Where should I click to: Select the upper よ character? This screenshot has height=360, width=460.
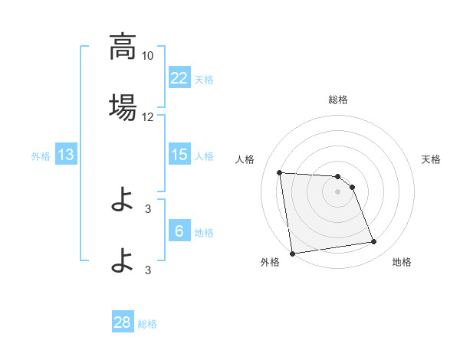coord(123,200)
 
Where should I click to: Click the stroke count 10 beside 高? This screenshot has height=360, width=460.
coord(148,56)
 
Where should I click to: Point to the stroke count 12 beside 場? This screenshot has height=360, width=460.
coord(148,117)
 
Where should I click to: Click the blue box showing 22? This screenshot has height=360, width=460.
coord(179,77)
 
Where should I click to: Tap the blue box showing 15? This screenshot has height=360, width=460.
coord(179,155)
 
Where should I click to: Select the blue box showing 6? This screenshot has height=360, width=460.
coord(179,231)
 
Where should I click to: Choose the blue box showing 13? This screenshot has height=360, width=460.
coord(66,155)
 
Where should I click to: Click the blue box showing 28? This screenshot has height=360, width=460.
coord(123,322)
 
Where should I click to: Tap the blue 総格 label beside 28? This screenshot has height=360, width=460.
coord(147,324)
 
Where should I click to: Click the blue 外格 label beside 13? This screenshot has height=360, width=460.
coord(41,156)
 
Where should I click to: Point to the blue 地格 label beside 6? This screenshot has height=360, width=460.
coord(204,232)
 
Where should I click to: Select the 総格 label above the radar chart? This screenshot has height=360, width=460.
coord(338,100)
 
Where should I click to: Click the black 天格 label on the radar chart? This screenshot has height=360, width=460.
coord(432,159)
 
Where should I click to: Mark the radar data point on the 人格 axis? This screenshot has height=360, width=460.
coord(280,172)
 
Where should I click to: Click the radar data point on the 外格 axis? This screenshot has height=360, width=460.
coord(292,253)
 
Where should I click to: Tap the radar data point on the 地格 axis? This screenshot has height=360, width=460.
coord(374,242)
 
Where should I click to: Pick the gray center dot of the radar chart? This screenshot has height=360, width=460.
coord(338,191)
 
